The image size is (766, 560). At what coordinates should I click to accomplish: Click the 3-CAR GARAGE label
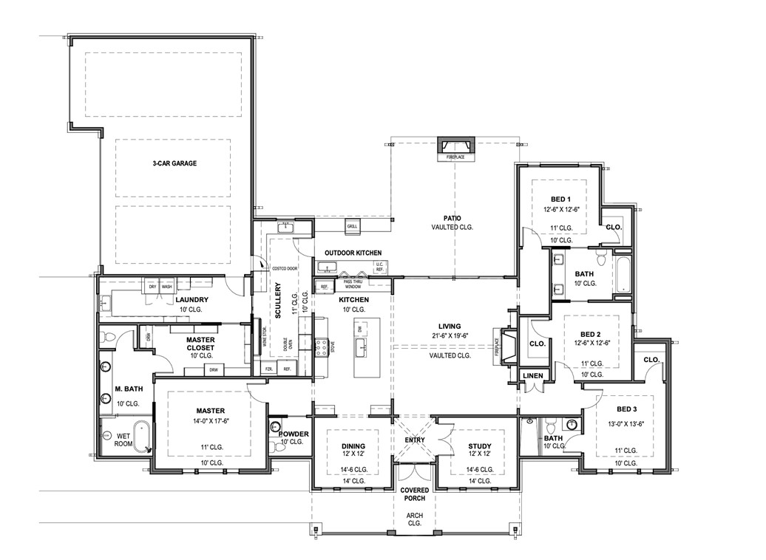174,163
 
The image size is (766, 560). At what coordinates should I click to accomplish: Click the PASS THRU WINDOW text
353,284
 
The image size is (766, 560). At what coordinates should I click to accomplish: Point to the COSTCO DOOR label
285,268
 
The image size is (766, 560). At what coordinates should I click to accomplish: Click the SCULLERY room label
279,302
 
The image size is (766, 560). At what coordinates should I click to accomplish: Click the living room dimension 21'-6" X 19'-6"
449,337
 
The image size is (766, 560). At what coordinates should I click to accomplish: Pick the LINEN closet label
532,376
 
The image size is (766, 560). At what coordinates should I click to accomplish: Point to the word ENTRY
415,440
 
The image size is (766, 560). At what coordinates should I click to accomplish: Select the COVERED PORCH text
414,494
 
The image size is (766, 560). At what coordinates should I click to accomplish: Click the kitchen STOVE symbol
322,346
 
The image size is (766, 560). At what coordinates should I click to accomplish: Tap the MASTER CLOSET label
200,344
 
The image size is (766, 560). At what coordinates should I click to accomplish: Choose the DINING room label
353,446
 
